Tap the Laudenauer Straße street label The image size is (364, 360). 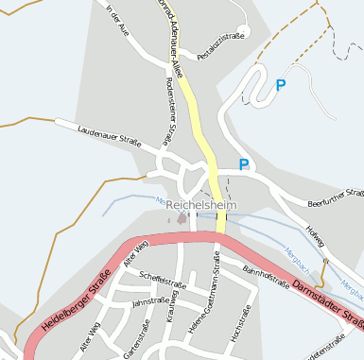[x=109, y=138]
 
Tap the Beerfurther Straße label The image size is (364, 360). [x=337, y=198]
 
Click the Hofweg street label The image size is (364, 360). [x=314, y=236]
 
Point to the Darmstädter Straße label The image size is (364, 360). [x=327, y=301]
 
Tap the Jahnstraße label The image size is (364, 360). [x=150, y=303]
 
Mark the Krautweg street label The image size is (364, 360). [x=172, y=313]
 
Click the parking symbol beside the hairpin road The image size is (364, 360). [x=280, y=85]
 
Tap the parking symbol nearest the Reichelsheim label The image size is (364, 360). [x=244, y=164]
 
